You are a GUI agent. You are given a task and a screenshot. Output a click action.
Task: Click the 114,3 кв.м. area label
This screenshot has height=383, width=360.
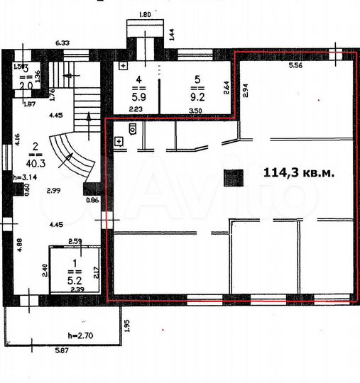click(298, 172)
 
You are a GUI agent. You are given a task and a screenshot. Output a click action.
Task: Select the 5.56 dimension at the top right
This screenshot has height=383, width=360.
click(296, 65)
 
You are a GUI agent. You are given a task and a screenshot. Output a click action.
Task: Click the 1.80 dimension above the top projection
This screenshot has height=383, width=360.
click(145, 14)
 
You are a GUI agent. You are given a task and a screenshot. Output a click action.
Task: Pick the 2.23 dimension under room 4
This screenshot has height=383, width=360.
click(136, 109)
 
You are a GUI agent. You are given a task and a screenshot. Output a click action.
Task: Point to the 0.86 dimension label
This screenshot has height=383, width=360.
click(93, 201)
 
